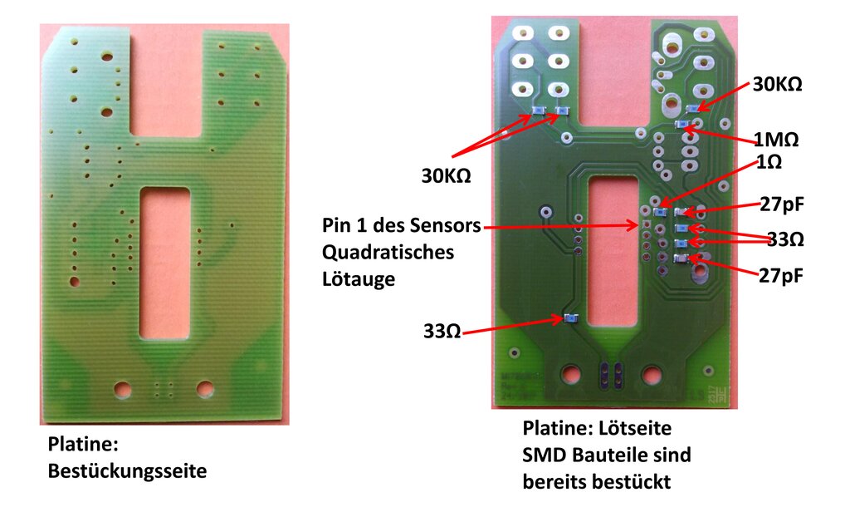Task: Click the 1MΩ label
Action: pos(776,140)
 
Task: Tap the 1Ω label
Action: pos(769,162)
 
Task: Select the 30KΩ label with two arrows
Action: pos(446,176)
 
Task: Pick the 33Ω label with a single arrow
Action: pos(442,331)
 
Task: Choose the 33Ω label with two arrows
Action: pos(785,239)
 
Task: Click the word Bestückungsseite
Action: pos(127,470)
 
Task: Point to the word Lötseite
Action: pos(634,428)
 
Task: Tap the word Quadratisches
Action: pos(388,252)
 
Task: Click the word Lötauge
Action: pos(359,279)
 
